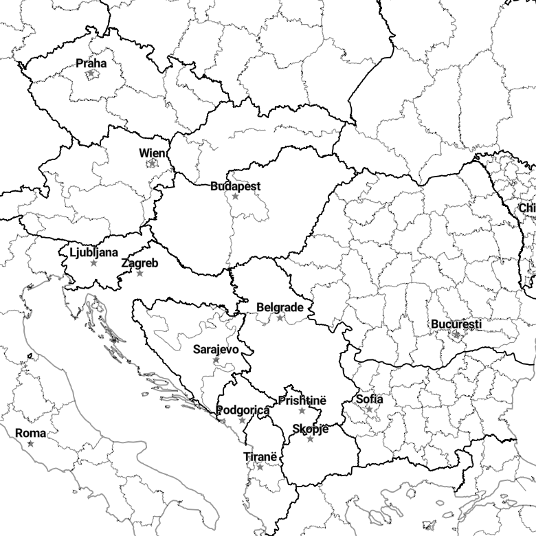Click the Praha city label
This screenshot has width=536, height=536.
tap(91, 63)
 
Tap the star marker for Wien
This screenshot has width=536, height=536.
tap(153, 164)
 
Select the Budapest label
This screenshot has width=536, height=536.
tap(236, 186)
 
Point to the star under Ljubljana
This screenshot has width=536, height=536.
tap(94, 263)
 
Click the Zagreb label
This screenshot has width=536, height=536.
tap(139, 263)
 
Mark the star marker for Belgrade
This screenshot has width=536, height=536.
tap(280, 318)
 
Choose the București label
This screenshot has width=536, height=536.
tap(456, 324)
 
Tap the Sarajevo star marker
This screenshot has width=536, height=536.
tap(216, 360)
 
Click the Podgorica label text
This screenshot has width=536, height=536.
tap(243, 410)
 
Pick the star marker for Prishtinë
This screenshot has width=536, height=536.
tap(302, 411)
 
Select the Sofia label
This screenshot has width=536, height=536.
tap(370, 399)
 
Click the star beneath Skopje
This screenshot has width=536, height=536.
tap(310, 439)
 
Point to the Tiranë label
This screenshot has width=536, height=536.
tap(260, 457)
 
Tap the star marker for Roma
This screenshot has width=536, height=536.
tap(30, 444)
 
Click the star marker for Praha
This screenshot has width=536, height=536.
tap(91, 74)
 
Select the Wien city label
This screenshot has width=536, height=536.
tap(152, 153)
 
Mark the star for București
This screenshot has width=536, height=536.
tap(456, 335)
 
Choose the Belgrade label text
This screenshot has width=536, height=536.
tap(280, 308)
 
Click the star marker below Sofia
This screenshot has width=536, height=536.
tap(370, 410)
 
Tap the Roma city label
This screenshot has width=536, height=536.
tap(31, 434)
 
